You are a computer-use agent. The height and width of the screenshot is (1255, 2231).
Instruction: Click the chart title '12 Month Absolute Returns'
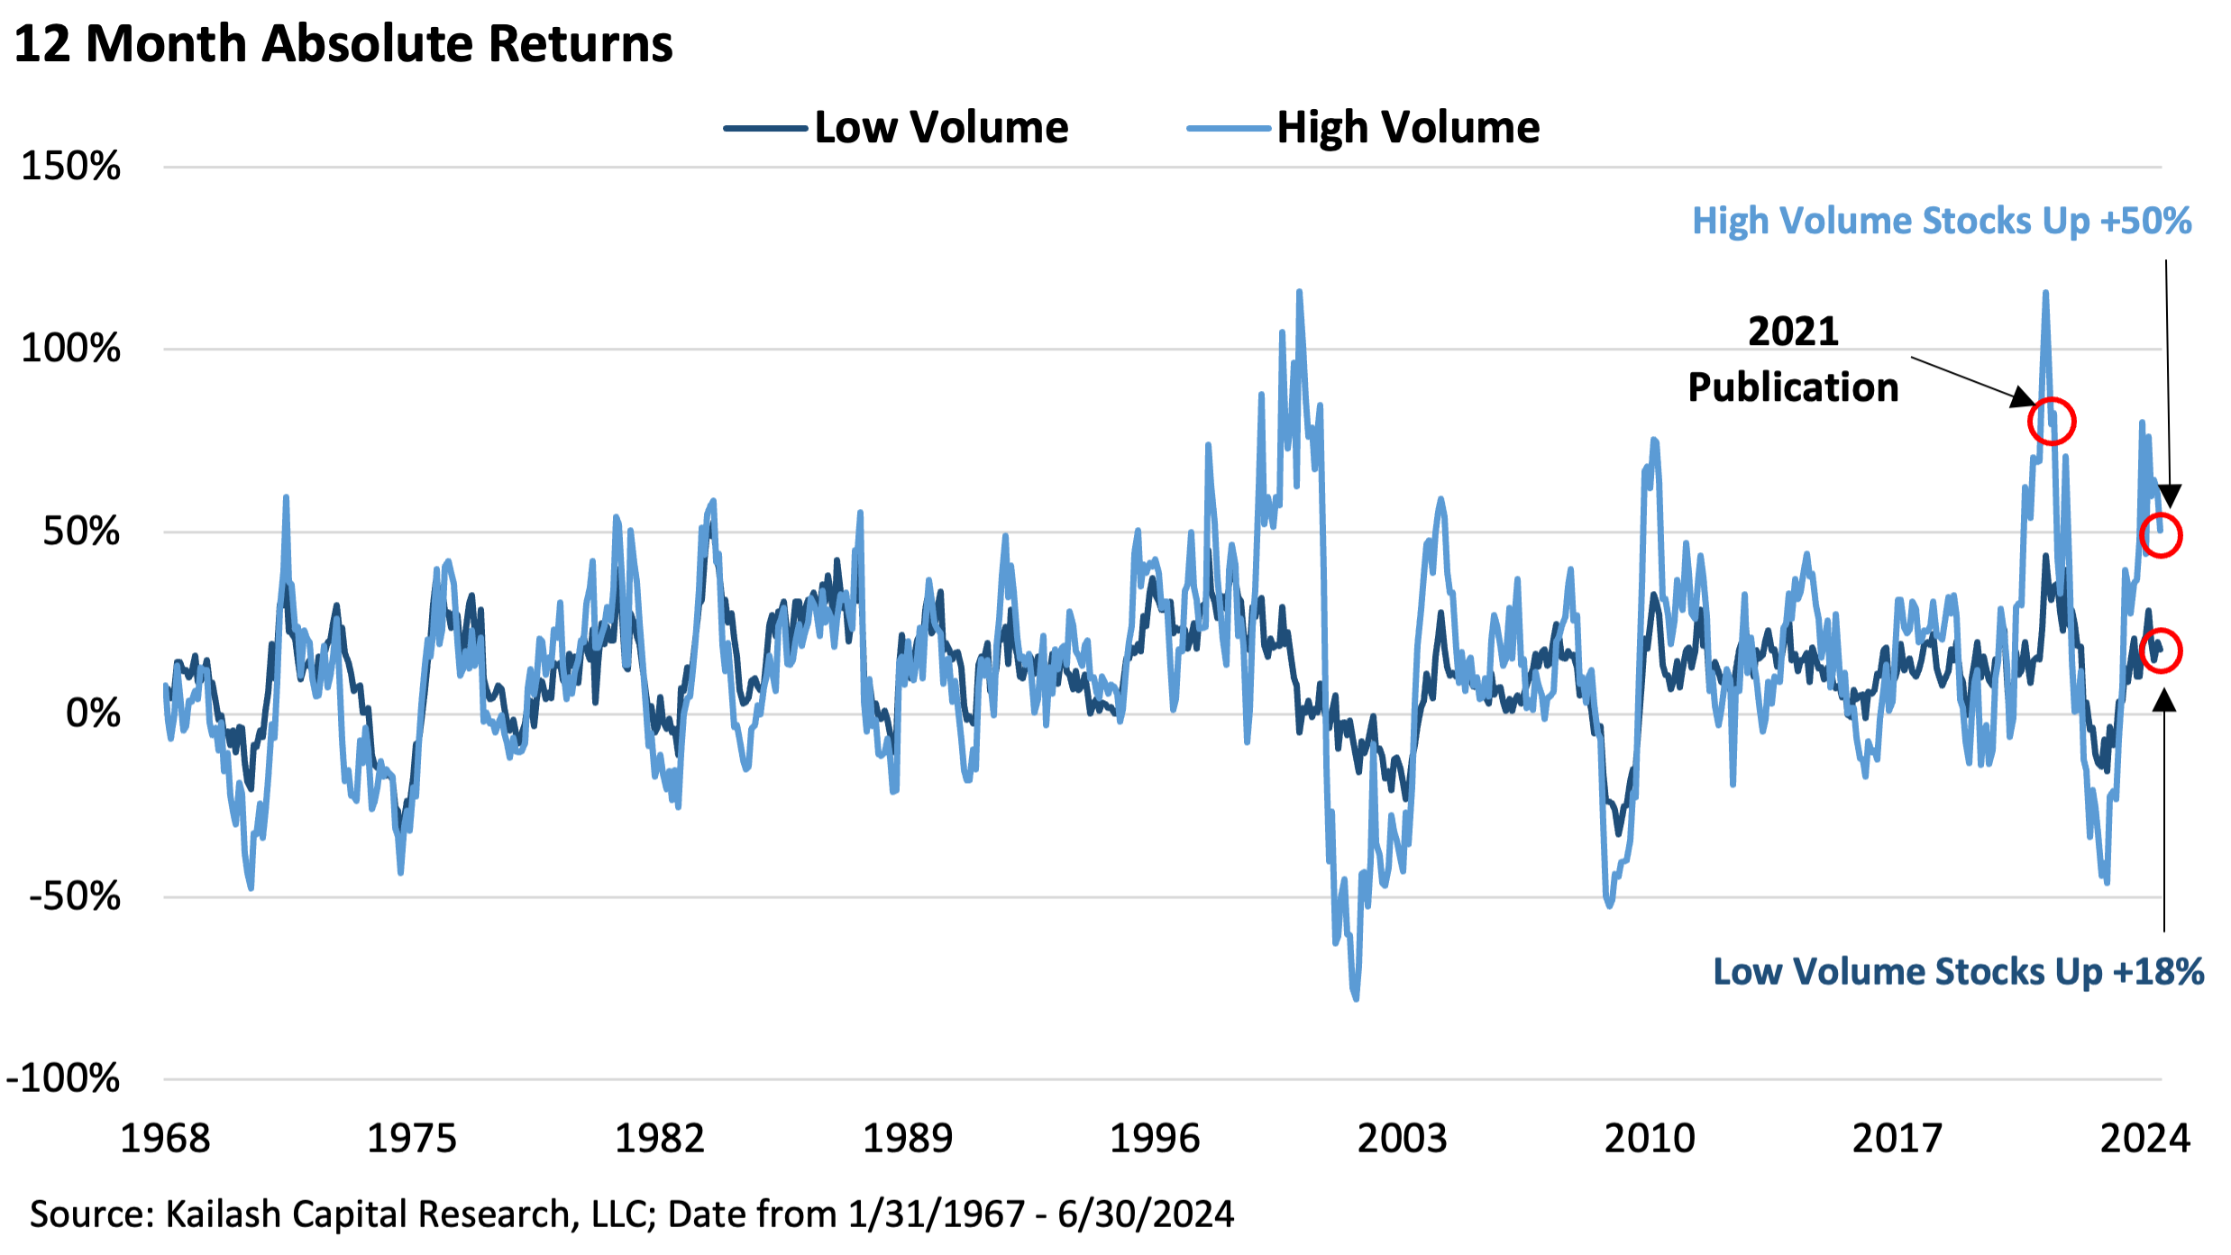[343, 43]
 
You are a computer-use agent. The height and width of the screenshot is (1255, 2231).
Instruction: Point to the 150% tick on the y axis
[70, 167]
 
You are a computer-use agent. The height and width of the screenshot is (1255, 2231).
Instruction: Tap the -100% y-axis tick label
[63, 1078]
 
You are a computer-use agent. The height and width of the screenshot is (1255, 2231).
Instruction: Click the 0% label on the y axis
[93, 714]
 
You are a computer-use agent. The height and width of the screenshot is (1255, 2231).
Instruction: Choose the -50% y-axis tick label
[75, 896]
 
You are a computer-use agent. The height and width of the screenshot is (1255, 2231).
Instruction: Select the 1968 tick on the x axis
[165, 1138]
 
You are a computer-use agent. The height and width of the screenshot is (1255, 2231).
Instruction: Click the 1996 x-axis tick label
[1155, 1138]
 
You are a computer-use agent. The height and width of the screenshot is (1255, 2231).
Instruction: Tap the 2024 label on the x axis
[2144, 1138]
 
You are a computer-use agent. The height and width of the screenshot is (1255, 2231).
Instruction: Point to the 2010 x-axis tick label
[1650, 1138]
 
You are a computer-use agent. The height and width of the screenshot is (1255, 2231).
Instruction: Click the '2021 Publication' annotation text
[1793, 359]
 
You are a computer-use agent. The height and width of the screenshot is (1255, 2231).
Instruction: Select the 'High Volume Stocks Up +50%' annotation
[1942, 221]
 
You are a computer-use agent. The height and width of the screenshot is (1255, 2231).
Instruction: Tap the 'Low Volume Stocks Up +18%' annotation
[1958, 971]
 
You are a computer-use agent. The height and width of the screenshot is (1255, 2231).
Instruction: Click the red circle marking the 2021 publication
[2052, 422]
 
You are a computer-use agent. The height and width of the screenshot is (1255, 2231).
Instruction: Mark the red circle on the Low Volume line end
[2160, 650]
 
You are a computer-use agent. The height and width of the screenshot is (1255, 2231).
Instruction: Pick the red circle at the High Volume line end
[2160, 535]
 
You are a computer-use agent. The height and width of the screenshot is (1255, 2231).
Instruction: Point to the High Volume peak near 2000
[1299, 292]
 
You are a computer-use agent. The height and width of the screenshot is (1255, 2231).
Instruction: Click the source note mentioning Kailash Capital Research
[631, 1214]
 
